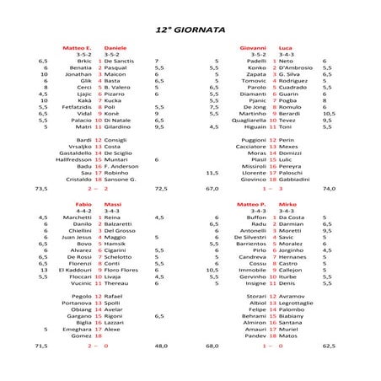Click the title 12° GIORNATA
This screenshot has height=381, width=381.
pos(190,29)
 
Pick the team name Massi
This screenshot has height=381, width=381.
pos(113,204)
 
